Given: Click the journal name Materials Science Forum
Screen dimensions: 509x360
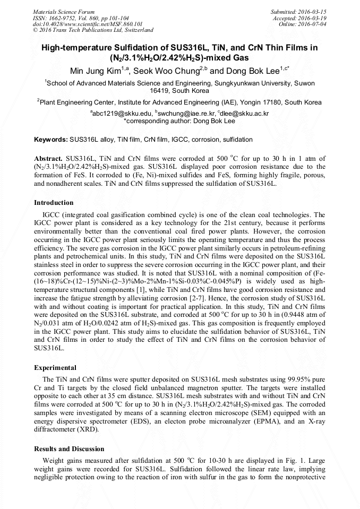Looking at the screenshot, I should coord(64,12).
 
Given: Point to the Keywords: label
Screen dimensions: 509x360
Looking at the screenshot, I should coord(51,140).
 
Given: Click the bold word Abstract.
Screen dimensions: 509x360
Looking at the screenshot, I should coord(48,159).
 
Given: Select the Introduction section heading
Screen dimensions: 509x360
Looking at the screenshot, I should coord(54,203).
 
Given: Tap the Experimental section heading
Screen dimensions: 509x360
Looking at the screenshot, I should coord(55,367).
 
